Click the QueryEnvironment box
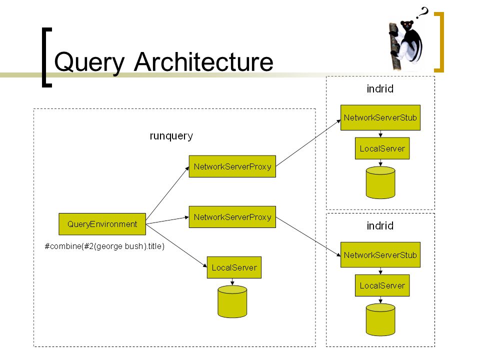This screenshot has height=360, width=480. [x=102, y=224]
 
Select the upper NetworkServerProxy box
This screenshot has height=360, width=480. [x=232, y=166]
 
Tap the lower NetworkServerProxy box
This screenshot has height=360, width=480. [x=232, y=216]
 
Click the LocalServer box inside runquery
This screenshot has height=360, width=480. [x=234, y=267]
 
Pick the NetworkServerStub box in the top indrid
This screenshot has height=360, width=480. [x=380, y=117]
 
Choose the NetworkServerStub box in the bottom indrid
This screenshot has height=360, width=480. [x=380, y=254]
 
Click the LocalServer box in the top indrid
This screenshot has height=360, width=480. [x=382, y=148]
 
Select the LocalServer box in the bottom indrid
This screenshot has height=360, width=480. [x=382, y=285]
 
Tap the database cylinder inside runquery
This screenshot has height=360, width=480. [x=232, y=301]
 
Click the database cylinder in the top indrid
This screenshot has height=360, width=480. [x=380, y=183]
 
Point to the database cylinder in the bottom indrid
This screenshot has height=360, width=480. [x=380, y=319]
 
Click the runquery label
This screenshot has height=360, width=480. [x=171, y=136]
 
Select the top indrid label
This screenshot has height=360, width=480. [x=380, y=89]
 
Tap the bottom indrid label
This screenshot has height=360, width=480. [x=380, y=226]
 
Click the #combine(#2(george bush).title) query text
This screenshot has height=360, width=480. [x=104, y=246]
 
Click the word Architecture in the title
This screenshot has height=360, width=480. [x=203, y=62]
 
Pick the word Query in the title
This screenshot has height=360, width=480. [x=89, y=63]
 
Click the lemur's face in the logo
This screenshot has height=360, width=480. [x=407, y=25]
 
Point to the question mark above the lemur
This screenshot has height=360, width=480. [x=423, y=13]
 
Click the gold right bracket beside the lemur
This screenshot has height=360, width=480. [x=441, y=42]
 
